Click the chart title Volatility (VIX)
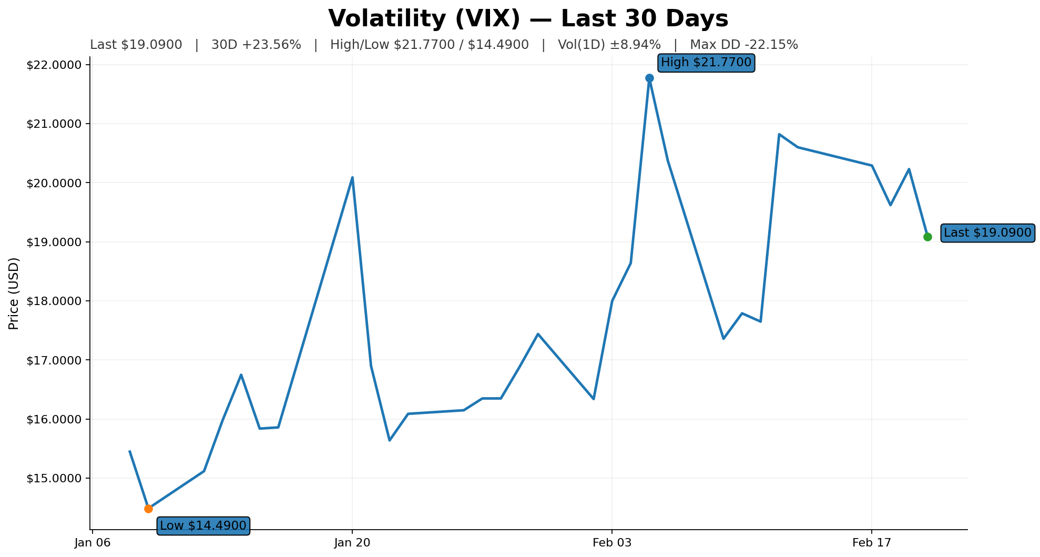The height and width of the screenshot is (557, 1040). pos(528,19)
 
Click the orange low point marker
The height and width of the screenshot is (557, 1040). pos(148,509)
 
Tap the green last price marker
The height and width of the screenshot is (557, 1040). pos(927,237)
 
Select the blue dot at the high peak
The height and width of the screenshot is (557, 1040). pos(649,78)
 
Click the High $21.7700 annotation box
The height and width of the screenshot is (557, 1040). pos(706,63)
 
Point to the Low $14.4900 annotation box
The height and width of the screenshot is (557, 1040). pos(203,525)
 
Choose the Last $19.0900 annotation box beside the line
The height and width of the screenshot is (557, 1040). pos(987,232)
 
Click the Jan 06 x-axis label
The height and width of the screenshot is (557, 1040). pos(93,543)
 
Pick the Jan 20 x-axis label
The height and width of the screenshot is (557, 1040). pos(352,543)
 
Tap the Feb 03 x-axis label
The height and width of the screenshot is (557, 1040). pos(611,543)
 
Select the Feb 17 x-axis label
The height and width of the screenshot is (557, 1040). pos(871,543)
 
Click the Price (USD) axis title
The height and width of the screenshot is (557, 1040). pos(14,293)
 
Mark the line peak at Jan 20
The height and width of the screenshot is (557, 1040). pos(352,177)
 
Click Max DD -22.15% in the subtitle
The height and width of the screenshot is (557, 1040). pos(744,45)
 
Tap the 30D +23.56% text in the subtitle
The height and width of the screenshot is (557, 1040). pos(256,45)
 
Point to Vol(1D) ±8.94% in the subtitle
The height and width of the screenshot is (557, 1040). pos(609,45)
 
